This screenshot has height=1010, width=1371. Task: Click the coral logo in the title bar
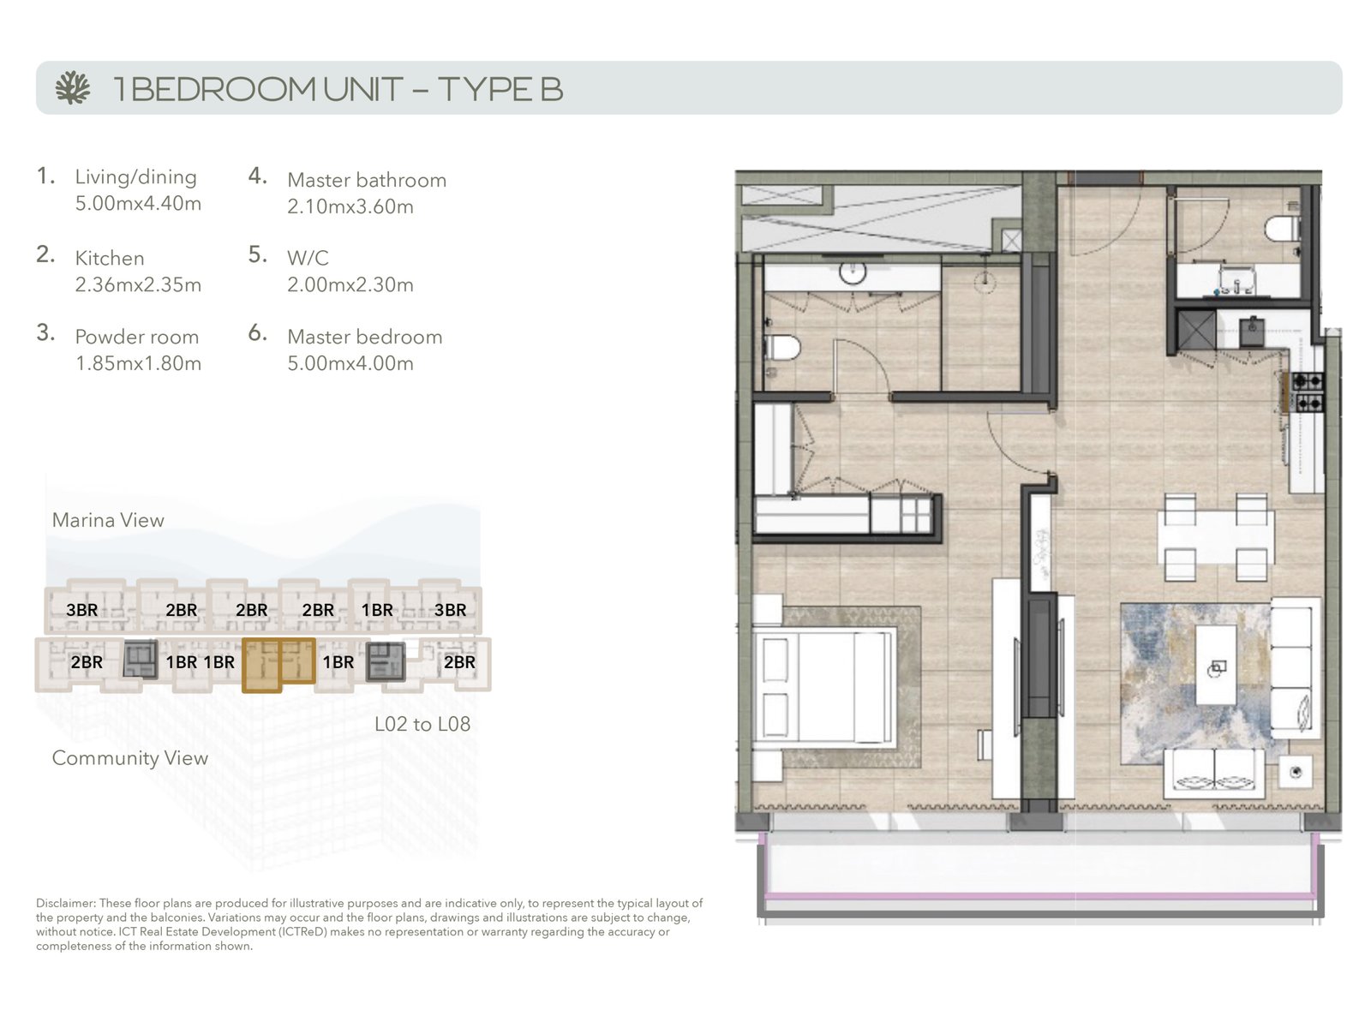coord(73,88)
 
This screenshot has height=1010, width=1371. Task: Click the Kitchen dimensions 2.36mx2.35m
coord(138,284)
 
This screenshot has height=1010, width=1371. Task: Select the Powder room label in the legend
coord(136,337)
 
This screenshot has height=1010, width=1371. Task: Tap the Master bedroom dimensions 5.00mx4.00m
coord(350,362)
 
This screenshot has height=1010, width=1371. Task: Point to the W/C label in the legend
coord(308,258)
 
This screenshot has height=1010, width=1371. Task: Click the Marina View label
coord(108,520)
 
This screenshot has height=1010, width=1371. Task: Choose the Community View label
coord(129,758)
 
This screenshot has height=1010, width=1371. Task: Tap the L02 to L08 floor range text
coord(422,724)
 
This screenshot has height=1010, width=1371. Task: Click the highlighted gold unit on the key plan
coord(279,665)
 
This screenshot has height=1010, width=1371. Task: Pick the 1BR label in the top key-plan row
coord(377,610)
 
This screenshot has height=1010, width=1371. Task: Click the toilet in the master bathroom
coord(783,348)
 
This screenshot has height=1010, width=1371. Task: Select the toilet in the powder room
coord(1283,229)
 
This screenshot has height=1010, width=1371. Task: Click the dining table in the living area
coord(1216,537)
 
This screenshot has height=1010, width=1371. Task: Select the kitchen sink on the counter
coord(1252,332)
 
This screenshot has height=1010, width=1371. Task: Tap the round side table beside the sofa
coord(1295,773)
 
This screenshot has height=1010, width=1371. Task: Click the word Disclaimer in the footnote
coord(65,903)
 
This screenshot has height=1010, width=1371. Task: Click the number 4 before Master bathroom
coord(258,176)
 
